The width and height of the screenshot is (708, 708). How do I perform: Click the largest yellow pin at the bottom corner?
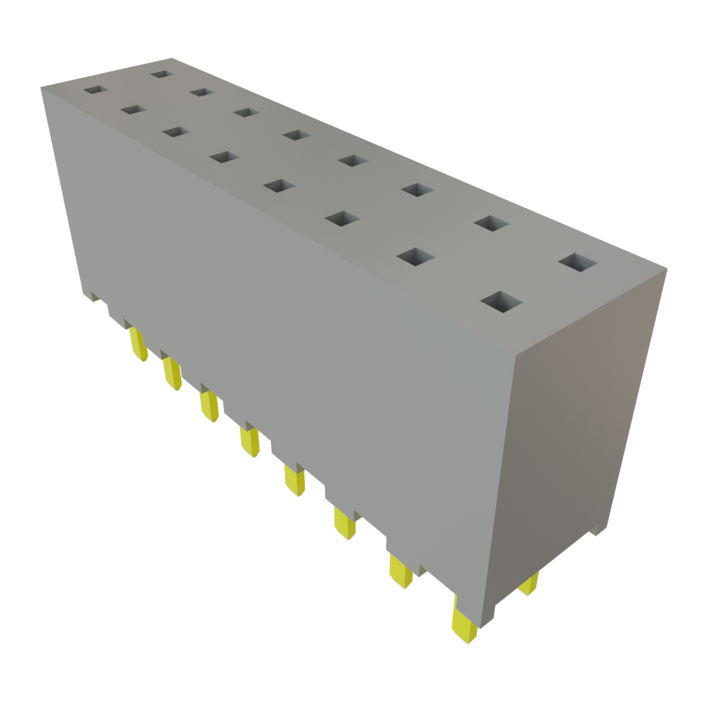462,619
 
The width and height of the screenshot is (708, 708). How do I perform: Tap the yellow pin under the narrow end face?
529,584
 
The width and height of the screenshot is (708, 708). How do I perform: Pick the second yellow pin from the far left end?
171,373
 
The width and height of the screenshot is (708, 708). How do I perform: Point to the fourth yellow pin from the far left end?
249,440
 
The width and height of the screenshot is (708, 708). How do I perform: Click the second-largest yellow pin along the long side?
400,570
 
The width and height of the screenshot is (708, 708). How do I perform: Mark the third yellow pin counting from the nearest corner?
344,523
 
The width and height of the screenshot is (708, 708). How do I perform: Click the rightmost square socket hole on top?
577,262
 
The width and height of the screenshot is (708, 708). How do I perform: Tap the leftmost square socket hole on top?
92,89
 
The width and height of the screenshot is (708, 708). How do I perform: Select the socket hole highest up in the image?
161,73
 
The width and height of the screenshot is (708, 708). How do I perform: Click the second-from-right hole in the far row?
492,223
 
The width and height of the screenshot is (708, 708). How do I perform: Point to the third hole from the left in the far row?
245,112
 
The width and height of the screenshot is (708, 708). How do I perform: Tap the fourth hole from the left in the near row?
223,157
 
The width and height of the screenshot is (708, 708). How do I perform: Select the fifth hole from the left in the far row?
353,161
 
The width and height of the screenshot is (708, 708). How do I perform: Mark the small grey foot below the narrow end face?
597,531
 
